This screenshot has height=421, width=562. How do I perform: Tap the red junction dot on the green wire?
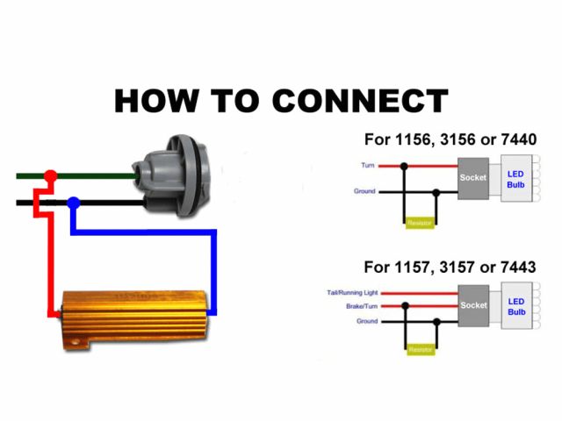pyautogui.click(x=50, y=176)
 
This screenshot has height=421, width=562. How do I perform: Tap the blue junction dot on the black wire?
pyautogui.click(x=74, y=203)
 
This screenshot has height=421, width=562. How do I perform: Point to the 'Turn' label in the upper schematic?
pyautogui.click(x=368, y=165)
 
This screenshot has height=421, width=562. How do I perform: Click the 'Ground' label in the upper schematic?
pyautogui.click(x=364, y=191)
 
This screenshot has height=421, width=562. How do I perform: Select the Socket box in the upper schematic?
pyautogui.click(x=473, y=178)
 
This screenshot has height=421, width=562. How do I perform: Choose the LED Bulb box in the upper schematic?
pyautogui.click(x=516, y=179)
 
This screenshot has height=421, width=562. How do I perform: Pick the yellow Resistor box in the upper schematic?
pyautogui.click(x=421, y=224)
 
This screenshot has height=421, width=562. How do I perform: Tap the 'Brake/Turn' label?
pyautogui.click(x=362, y=306)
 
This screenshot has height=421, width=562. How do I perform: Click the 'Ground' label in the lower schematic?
pyautogui.click(x=367, y=321)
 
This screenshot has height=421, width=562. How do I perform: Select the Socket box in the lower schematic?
pyautogui.click(x=473, y=306)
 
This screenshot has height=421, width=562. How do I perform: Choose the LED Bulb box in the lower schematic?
pyautogui.click(x=516, y=307)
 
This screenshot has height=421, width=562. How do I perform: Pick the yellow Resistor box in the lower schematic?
pyautogui.click(x=421, y=350)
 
